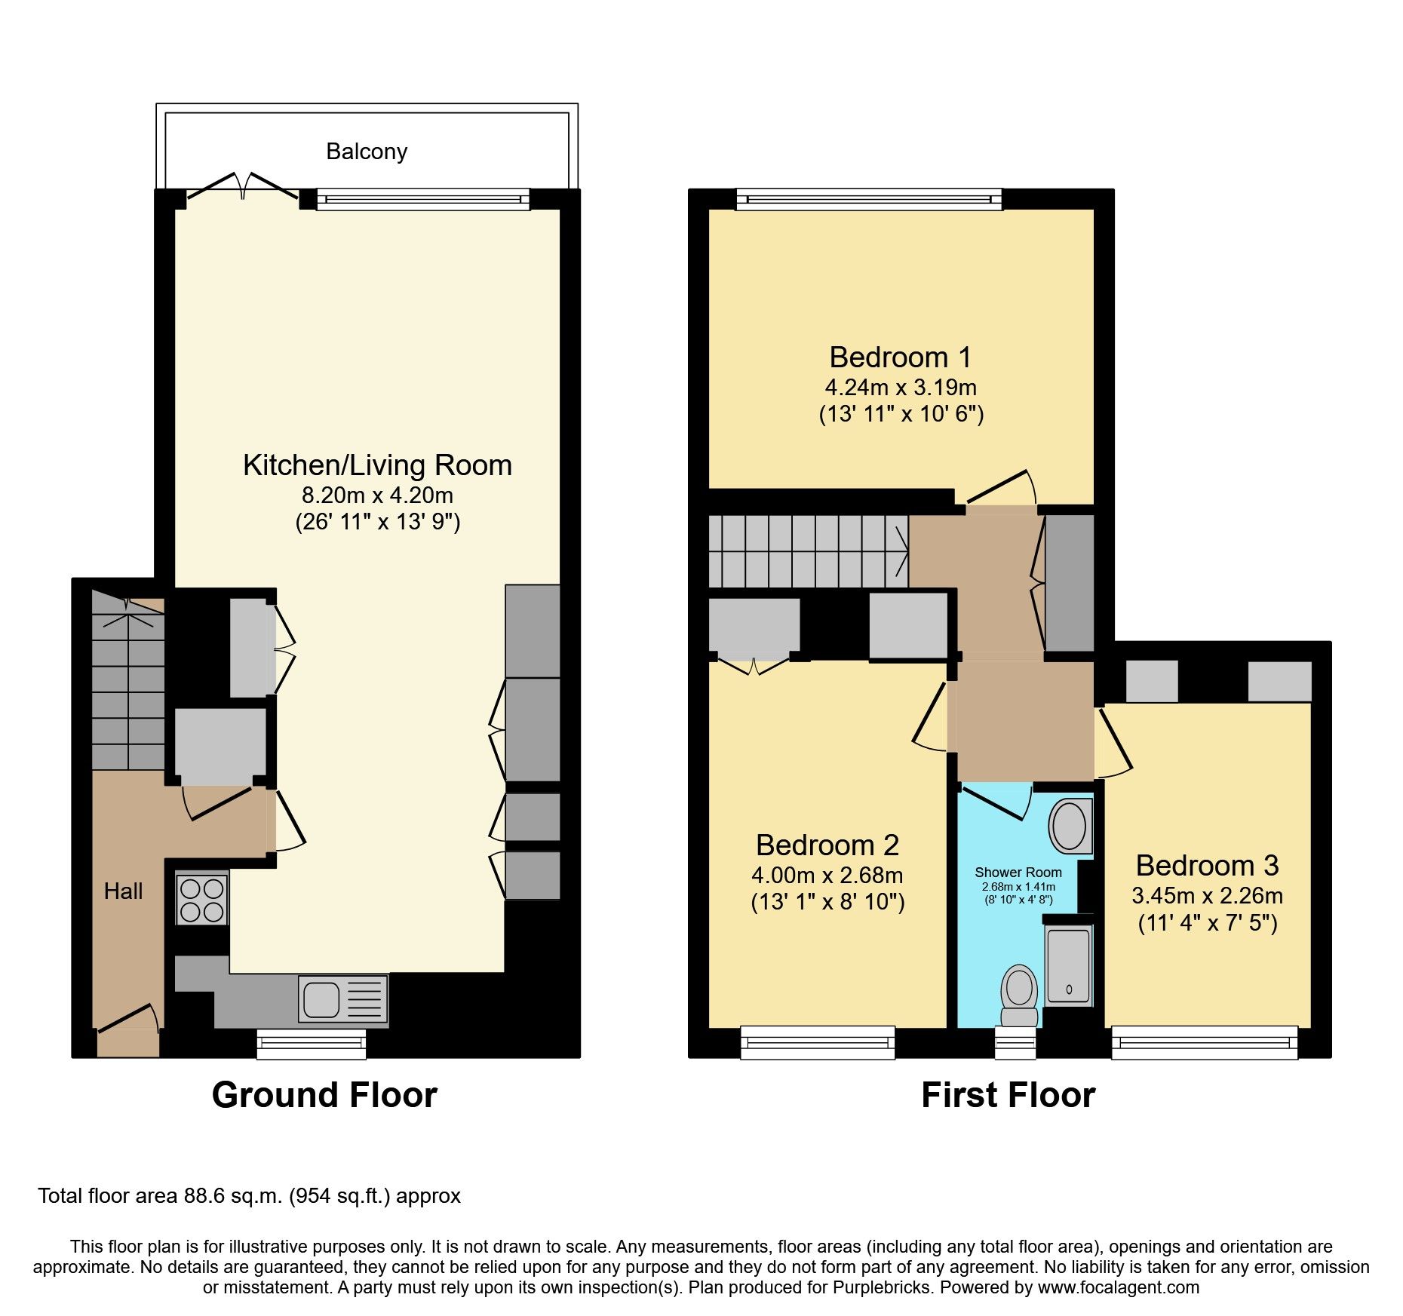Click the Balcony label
tap(367, 152)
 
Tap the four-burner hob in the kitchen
tap(202, 897)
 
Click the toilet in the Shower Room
tap(1018, 993)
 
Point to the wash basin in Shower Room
tap(1069, 827)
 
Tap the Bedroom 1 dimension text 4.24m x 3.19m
tap(901, 388)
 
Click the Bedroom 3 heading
tap(1207, 865)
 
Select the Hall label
tap(123, 891)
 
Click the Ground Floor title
tap(324, 1095)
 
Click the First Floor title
tap(1008, 1095)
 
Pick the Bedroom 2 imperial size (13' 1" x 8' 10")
tap(827, 902)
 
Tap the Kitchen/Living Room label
tap(377, 465)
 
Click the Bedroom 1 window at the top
tap(869, 199)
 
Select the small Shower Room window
tap(1015, 1042)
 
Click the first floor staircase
tap(807, 551)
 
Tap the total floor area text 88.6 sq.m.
tap(249, 1196)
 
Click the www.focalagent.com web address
tap(1118, 1287)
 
